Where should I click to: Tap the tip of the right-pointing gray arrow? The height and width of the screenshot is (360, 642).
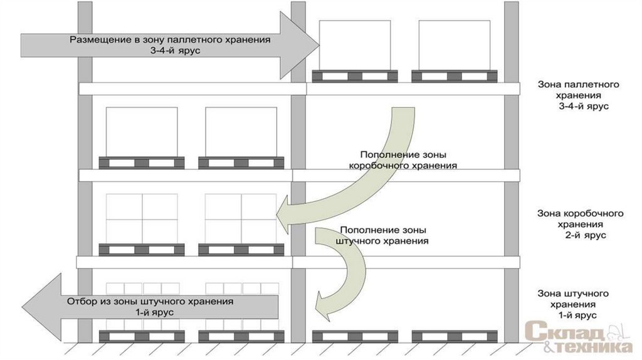(319, 45)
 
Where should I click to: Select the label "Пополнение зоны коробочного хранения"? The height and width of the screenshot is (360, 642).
(403, 160)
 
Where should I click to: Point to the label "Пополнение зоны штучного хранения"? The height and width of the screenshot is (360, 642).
(382, 235)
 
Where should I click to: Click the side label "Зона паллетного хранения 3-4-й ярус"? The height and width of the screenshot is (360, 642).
(578, 95)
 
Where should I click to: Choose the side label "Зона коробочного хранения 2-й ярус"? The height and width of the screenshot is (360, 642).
(580, 224)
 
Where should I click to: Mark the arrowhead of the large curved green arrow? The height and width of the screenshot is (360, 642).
(283, 213)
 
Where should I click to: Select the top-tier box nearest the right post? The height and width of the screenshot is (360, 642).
(455, 45)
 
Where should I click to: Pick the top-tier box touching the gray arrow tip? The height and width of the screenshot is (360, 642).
(355, 45)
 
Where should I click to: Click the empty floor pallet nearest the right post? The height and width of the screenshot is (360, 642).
(455, 336)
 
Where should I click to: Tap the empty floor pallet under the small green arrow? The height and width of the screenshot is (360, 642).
(355, 336)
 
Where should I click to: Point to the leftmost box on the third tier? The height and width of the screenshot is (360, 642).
(142, 132)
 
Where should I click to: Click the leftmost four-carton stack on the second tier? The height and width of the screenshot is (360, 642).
(142, 219)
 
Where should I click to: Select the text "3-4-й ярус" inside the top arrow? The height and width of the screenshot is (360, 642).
(170, 51)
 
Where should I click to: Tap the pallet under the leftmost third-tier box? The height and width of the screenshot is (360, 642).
(142, 162)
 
